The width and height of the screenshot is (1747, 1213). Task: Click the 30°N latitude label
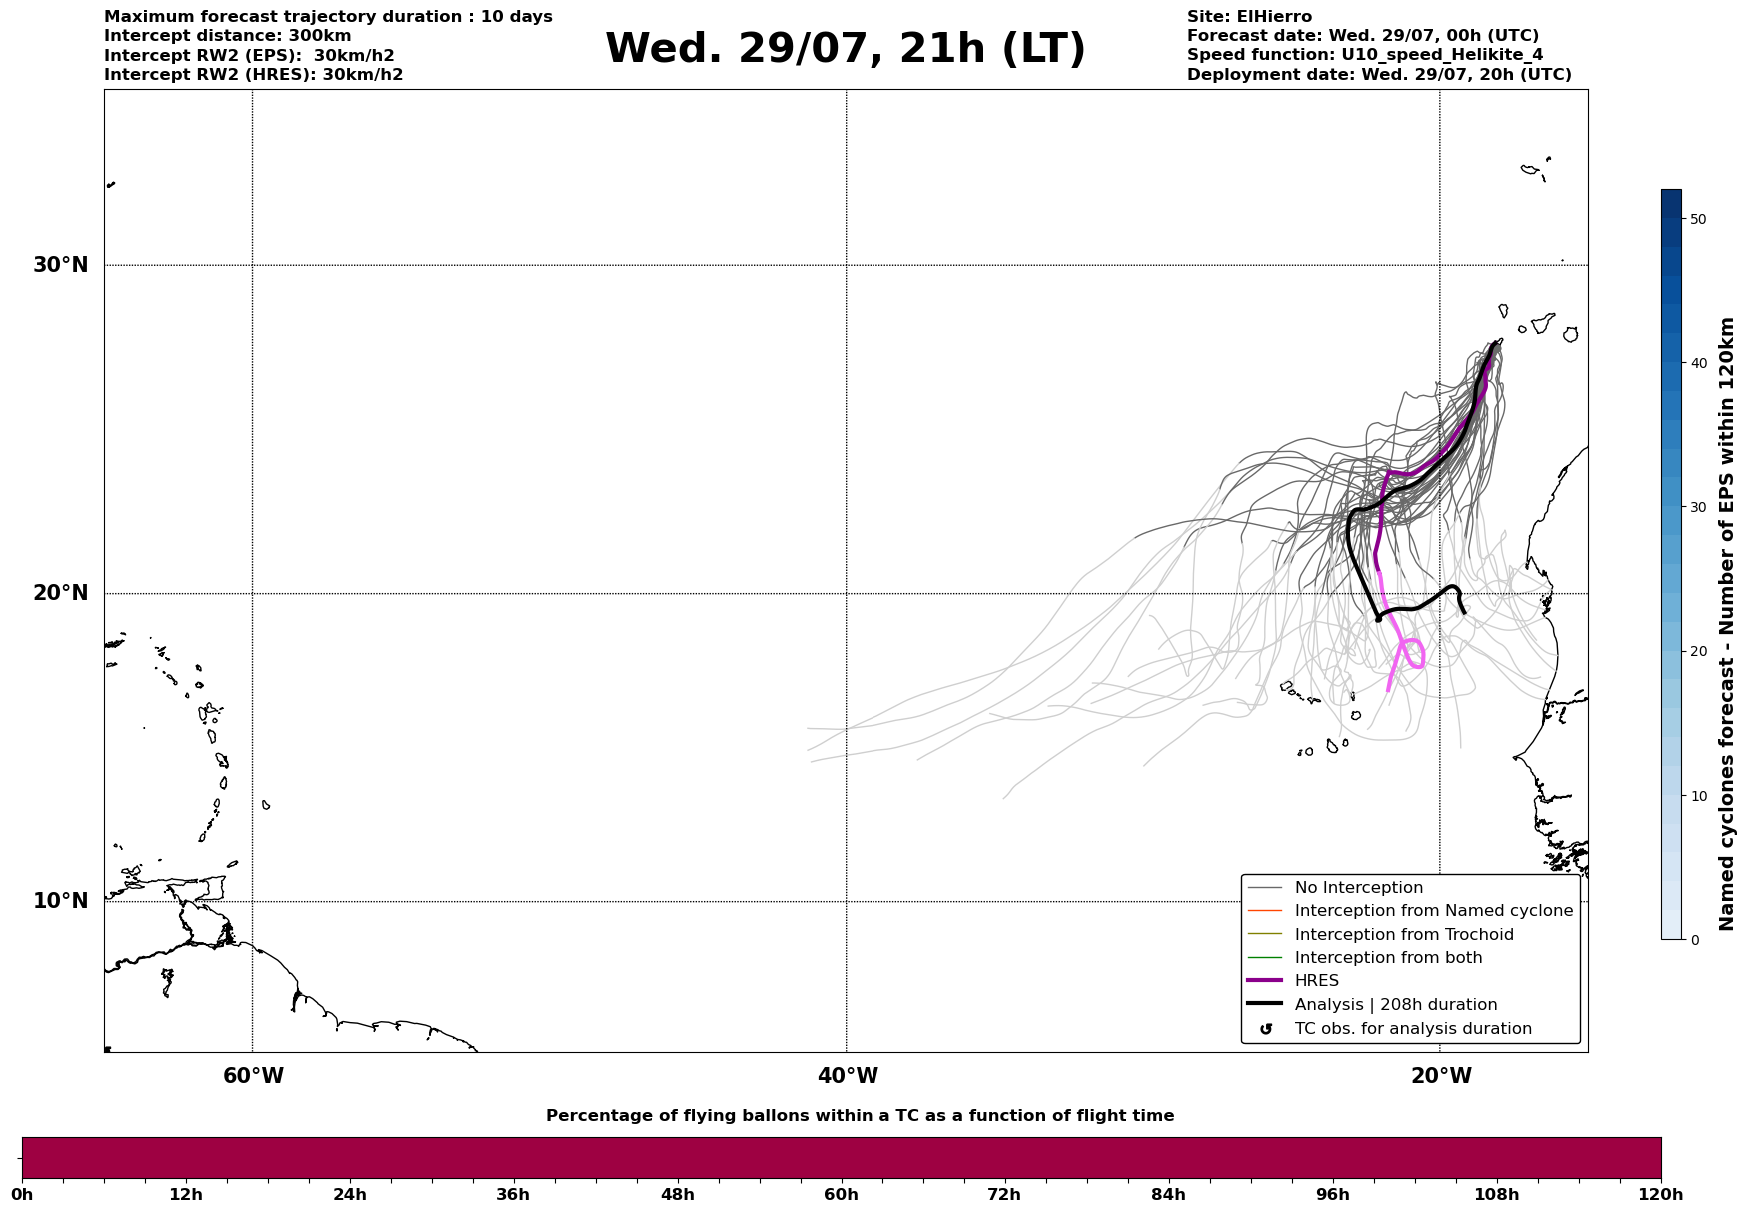coord(60,265)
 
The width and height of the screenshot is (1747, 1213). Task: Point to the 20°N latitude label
coord(60,593)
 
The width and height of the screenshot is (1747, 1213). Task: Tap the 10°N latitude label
coord(60,901)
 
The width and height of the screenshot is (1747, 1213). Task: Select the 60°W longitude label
coord(253,1076)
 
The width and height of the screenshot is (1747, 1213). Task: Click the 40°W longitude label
coord(848,1076)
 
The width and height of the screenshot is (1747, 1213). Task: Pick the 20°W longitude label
coord(1441,1076)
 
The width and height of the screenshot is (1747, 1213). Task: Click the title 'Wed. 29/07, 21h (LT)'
coord(846,48)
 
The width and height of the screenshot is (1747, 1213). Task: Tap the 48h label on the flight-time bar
coord(677,1194)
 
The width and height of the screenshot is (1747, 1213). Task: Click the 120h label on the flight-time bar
coord(1660,1194)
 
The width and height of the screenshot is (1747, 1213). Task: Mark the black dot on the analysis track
coord(1378,619)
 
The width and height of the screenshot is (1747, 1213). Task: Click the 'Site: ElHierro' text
coord(1249,17)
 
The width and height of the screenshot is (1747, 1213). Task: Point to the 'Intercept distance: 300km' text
coord(228,36)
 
